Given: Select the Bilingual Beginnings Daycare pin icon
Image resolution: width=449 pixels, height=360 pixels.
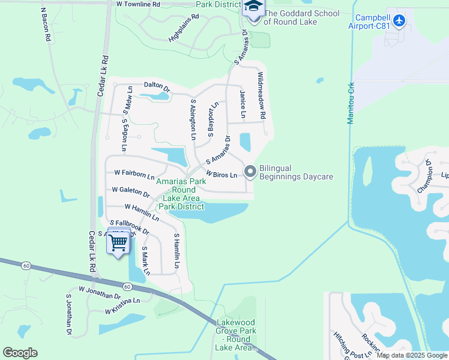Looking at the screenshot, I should [x=250, y=172].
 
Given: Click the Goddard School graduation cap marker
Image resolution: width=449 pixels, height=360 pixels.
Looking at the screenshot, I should [x=253, y=8].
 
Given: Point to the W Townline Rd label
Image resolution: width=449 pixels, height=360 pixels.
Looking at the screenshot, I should [x=139, y=4].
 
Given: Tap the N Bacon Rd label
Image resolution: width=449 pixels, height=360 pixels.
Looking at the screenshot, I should [x=44, y=24].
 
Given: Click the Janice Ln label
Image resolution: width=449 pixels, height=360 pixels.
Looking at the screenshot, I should [x=243, y=103].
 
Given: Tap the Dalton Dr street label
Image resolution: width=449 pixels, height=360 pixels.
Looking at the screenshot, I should [x=157, y=86].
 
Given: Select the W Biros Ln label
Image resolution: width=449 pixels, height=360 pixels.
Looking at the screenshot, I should [x=223, y=174].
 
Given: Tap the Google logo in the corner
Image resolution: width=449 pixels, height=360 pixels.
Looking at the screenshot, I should [x=20, y=353].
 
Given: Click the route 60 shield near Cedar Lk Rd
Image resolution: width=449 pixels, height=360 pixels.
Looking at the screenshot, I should [x=127, y=287].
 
